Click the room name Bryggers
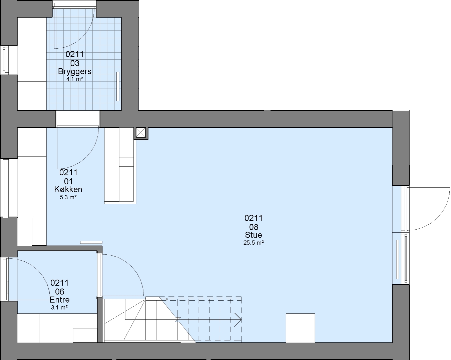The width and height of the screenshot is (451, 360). [75, 72]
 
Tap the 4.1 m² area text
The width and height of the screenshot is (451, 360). [75, 79]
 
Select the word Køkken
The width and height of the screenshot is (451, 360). [68, 189]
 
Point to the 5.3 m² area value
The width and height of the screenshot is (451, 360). [68, 197]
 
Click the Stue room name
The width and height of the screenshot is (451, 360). [254, 235]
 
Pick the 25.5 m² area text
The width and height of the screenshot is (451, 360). [254, 243]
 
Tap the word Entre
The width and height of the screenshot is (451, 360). [59, 300]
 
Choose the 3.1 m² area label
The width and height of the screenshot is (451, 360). [59, 307]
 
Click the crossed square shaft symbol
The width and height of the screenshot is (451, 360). [141, 133]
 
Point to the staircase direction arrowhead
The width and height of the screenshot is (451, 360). [239, 320]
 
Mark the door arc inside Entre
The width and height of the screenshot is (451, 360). [38, 270]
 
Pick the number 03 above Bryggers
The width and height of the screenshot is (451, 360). [75, 63]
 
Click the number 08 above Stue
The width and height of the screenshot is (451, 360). [254, 227]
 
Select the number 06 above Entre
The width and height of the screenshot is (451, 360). [59, 292]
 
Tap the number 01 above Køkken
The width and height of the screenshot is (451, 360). [68, 181]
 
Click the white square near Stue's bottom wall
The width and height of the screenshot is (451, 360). [300, 328]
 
